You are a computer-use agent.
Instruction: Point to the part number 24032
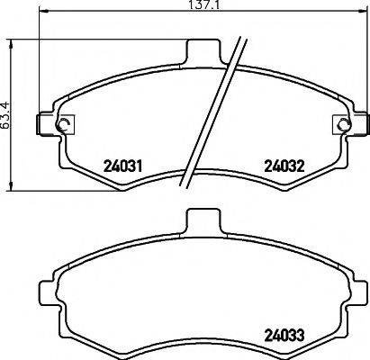tap(281, 166)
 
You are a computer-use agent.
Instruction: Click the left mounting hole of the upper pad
tap(62, 124)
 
